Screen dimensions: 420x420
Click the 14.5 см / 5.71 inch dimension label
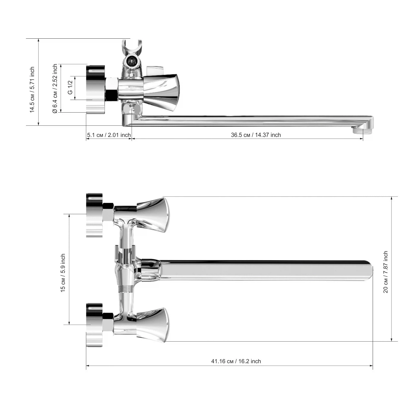(32, 90)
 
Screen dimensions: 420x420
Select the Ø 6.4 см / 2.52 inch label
(55, 88)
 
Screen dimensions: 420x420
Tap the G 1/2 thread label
(70, 88)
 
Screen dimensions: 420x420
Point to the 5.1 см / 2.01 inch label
(109, 135)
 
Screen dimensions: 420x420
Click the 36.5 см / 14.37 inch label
(256, 135)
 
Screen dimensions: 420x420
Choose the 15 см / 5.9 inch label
(63, 273)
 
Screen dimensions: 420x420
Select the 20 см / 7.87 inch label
(386, 272)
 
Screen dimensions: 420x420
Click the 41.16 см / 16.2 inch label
(236, 361)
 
